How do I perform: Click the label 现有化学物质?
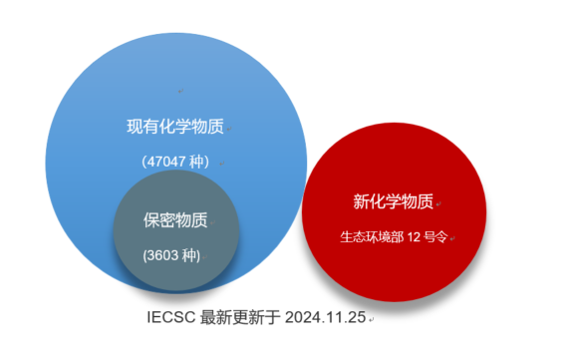coord(174,127)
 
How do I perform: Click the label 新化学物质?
coord(393,201)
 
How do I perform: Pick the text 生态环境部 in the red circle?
coord(371,236)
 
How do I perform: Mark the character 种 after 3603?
coord(189,254)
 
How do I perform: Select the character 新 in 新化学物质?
coord(362,201)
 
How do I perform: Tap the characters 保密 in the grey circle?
coord(161,220)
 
